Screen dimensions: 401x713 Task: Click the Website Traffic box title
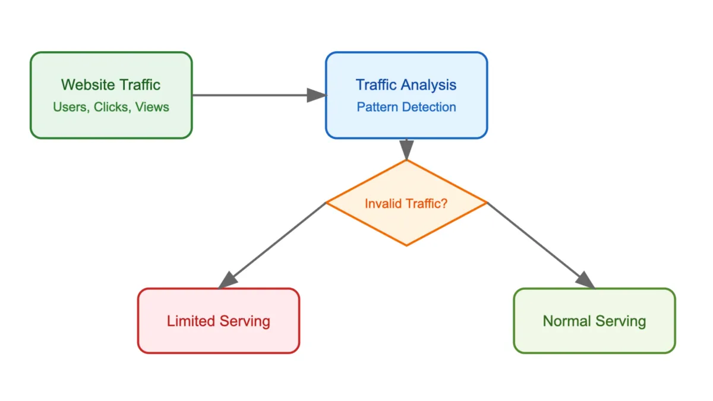[111, 85]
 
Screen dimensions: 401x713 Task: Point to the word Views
[152, 108]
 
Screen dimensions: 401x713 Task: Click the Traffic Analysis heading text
[406, 85]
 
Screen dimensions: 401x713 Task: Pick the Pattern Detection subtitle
[406, 108]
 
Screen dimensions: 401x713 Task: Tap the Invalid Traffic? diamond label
[406, 203]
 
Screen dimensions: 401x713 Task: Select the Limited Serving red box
[219, 321]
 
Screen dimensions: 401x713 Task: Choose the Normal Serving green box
[594, 321]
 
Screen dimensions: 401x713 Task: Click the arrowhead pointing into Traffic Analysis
[317, 95]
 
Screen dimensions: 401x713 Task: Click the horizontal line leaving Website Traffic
[250, 95]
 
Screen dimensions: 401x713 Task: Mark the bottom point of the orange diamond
[406, 245]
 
